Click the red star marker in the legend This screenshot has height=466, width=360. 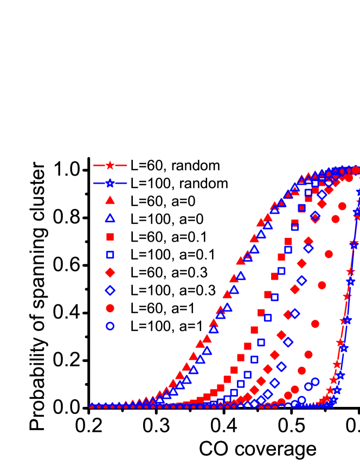coord(110,165)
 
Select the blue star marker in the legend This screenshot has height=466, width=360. coord(110,183)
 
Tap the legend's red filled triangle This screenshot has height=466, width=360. coord(110,200)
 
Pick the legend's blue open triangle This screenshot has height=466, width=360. coord(110,218)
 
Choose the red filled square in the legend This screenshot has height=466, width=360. coord(110,237)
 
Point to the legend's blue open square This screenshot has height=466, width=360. coord(110,255)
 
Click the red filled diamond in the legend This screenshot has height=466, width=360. coord(110,273)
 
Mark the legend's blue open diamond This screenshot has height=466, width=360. coord(110,290)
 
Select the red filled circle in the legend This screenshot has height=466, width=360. coord(110,308)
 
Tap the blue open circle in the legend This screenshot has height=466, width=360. coord(110,326)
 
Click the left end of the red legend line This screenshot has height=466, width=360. coord(93,165)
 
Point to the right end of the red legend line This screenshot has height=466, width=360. coord(127,165)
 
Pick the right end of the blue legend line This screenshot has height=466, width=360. coord(127,183)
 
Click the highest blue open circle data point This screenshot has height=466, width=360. coord(315,381)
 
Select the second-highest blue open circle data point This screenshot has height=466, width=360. coord(308,386)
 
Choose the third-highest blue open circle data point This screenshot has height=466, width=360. coord(301,400)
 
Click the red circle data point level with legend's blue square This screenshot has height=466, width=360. coord(329,254)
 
